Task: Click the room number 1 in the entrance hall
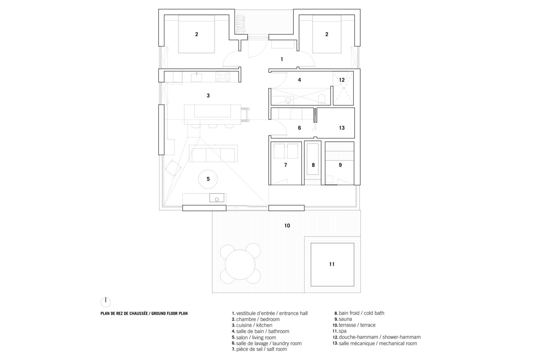(282, 59)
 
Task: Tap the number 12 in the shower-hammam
(342, 80)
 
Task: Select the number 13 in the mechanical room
(342, 128)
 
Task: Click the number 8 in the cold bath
(313, 165)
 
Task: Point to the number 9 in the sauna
(340, 165)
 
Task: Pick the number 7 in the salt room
(285, 165)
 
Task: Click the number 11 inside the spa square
(332, 264)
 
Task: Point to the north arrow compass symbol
(106, 302)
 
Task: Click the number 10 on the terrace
(287, 226)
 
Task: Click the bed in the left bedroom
(197, 34)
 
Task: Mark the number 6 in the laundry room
(299, 128)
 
